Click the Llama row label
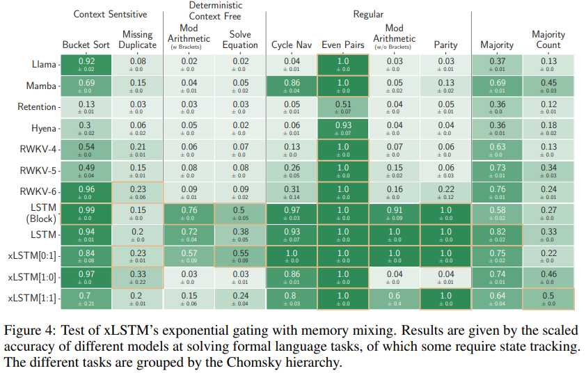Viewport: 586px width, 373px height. coord(44,64)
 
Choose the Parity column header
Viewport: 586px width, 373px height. coord(445,45)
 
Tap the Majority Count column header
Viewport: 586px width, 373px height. coord(548,40)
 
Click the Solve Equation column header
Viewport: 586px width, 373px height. coord(240,40)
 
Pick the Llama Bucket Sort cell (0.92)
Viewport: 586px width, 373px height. coord(86,64)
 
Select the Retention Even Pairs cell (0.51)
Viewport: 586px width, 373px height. coord(343,107)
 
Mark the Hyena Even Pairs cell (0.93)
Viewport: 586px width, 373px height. coord(343,129)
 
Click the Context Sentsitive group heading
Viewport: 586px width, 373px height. coord(110,14)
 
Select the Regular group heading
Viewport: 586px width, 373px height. coord(369,14)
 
